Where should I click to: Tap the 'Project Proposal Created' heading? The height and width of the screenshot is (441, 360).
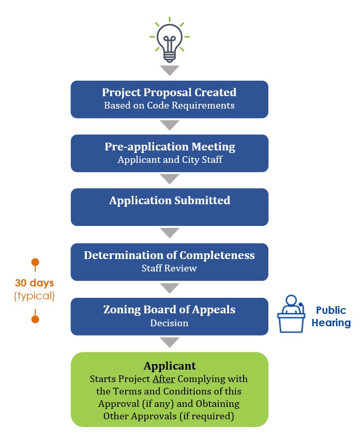(x=169, y=93)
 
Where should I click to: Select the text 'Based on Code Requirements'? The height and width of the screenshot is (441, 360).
(x=169, y=105)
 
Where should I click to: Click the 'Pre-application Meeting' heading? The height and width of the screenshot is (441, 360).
(x=170, y=146)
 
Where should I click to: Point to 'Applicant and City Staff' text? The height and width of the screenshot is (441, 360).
(x=170, y=160)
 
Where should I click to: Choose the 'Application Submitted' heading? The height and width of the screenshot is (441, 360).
(x=170, y=200)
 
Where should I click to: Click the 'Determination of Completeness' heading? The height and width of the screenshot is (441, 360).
(x=170, y=255)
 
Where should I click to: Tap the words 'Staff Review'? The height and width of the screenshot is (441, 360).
(x=170, y=268)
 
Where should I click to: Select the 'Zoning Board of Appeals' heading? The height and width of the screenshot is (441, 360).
(x=170, y=310)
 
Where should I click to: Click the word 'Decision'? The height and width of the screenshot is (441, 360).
(x=170, y=323)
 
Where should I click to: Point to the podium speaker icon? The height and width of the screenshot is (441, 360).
(x=292, y=313)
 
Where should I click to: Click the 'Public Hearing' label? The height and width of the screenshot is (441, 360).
(x=331, y=316)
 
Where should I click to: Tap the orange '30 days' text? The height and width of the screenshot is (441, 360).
(x=34, y=283)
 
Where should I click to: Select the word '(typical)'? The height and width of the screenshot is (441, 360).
(x=34, y=296)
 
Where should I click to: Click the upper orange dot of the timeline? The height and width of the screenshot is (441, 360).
(x=35, y=262)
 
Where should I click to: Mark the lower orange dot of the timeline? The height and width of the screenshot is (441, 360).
(x=35, y=319)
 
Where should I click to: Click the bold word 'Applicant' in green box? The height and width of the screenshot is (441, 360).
(x=170, y=366)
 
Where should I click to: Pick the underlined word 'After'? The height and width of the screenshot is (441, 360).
(x=161, y=379)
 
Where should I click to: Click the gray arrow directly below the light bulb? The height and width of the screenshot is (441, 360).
(x=170, y=70)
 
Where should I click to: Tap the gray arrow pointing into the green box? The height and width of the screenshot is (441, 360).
(x=170, y=342)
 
